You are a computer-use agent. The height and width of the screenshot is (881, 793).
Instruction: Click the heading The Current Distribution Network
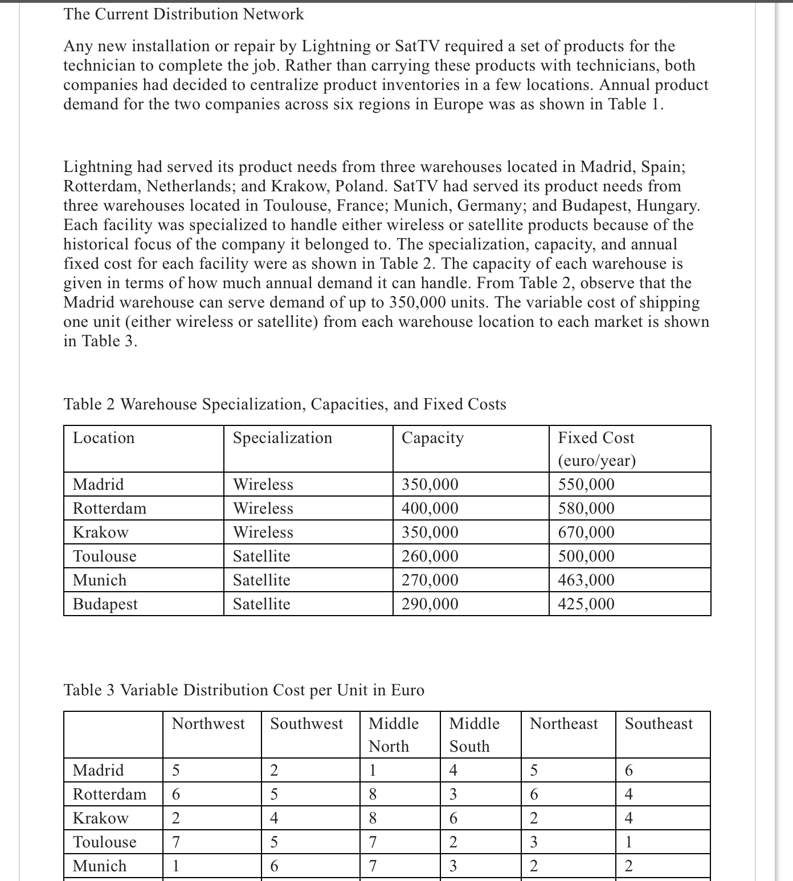click(183, 14)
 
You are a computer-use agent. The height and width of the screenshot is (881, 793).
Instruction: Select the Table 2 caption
click(285, 404)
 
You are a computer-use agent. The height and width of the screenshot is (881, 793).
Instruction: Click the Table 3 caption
click(244, 690)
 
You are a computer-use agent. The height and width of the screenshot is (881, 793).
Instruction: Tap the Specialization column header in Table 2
click(283, 438)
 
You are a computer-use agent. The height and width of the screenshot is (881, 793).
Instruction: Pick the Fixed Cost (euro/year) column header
click(596, 449)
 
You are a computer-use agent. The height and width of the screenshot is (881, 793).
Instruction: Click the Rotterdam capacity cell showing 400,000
click(430, 509)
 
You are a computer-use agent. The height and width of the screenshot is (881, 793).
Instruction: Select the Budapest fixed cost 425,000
click(586, 604)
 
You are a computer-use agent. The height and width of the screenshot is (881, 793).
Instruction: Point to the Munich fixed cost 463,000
click(586, 580)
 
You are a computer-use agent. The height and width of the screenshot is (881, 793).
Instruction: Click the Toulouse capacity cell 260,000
click(430, 556)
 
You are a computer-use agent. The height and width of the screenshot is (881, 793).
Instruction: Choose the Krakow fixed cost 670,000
click(586, 532)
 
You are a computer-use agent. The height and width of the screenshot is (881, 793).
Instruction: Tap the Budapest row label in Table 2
click(105, 604)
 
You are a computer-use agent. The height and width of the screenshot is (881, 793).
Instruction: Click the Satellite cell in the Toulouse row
click(261, 556)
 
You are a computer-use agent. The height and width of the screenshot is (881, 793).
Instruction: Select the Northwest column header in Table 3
click(209, 724)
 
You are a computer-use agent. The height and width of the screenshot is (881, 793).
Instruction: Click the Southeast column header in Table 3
click(659, 724)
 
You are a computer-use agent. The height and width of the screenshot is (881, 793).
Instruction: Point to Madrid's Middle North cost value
click(373, 771)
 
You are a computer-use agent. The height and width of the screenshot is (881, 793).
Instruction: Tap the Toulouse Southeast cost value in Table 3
click(628, 842)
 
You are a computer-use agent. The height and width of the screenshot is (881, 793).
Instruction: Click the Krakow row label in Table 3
click(101, 818)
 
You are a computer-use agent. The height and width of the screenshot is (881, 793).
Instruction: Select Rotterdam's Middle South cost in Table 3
click(453, 794)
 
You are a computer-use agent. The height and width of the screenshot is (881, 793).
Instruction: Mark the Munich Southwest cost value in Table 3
click(274, 866)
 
